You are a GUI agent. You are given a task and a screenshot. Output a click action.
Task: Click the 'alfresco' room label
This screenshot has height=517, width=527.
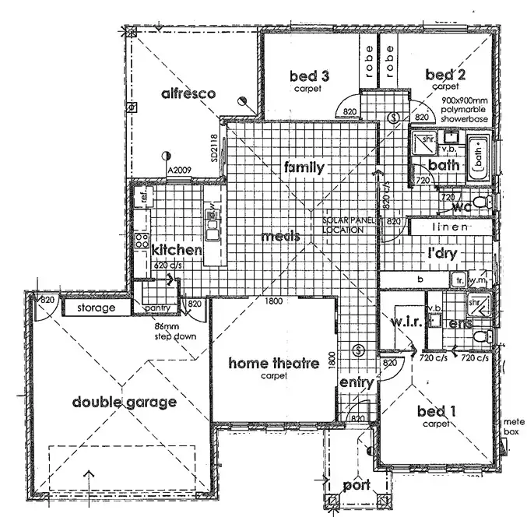pyautogui.click(x=188, y=94)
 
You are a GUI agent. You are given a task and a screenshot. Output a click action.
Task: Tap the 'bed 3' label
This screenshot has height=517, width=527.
pyautogui.click(x=308, y=76)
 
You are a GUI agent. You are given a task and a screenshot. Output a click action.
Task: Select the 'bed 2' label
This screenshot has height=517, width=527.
pyautogui.click(x=445, y=75)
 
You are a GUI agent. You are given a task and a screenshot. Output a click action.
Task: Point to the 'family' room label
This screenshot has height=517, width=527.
pyautogui.click(x=304, y=167)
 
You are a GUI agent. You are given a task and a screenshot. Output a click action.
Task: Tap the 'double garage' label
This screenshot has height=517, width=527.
pyautogui.click(x=125, y=402)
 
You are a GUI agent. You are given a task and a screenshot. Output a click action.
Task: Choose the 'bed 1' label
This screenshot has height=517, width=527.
pyautogui.click(x=437, y=411)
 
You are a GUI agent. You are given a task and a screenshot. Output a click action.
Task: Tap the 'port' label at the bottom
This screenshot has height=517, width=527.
pyautogui.click(x=357, y=486)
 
